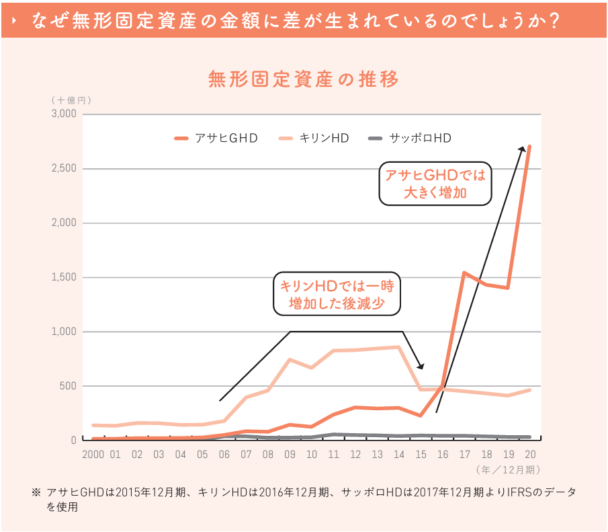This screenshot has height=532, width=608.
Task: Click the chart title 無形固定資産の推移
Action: [x=304, y=79]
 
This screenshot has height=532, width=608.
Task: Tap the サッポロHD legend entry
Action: [x=410, y=139]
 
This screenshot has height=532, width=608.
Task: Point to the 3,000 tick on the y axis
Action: [x=64, y=114]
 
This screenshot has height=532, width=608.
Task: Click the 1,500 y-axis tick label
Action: [x=64, y=278]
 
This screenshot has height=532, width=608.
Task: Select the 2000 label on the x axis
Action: [x=94, y=455]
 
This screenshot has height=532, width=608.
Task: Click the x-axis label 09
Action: [x=290, y=455]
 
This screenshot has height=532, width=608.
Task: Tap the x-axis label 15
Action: [x=421, y=455]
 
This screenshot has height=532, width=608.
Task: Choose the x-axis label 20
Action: [x=529, y=455]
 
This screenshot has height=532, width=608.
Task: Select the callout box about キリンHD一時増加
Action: [x=337, y=293]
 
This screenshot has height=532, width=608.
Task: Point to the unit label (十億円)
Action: [x=73, y=100]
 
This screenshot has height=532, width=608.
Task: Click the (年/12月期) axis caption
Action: [x=508, y=469]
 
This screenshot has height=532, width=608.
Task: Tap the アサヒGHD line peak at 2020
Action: [x=529, y=147]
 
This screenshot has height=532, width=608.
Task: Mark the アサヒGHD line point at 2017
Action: [x=464, y=272]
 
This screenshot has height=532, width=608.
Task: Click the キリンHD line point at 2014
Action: [x=399, y=347]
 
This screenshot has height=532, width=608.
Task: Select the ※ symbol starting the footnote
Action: [x=36, y=492]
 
